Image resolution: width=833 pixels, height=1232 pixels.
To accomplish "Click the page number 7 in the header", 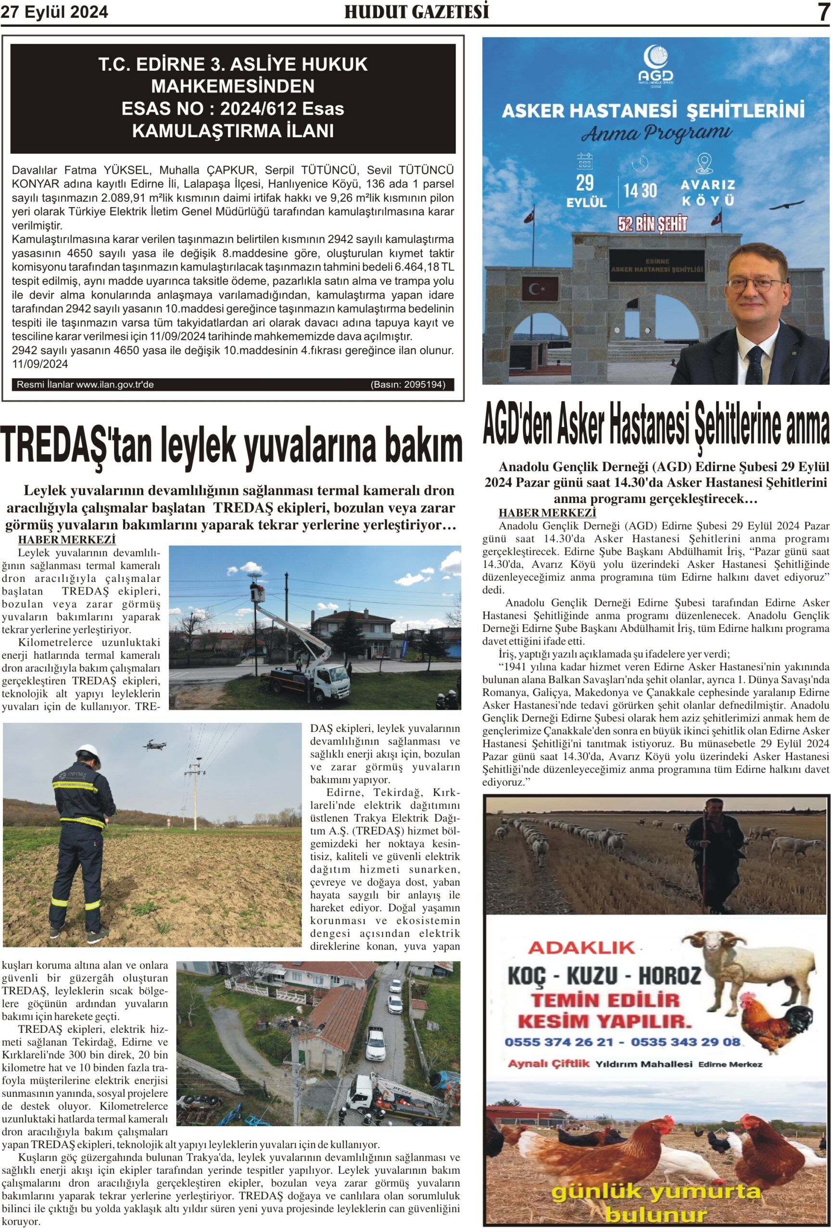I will (823, 12).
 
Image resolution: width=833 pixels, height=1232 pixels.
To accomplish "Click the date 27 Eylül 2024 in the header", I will (54, 12).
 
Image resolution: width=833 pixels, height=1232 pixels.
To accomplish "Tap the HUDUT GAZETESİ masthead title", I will (416, 12).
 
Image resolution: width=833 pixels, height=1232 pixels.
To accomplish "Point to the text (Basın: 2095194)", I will (407, 385).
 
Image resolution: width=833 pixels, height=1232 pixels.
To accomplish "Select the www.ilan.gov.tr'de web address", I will (115, 385).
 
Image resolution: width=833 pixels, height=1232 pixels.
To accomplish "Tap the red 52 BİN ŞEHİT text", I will (652, 224).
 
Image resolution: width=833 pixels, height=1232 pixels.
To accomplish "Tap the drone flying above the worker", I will (154, 745).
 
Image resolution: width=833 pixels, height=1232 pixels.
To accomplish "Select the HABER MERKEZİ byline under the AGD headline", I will (547, 513).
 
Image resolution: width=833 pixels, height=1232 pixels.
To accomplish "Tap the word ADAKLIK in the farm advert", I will (581, 947).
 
